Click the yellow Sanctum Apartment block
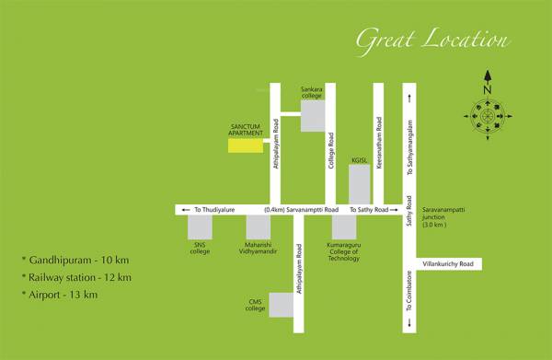click(244, 145)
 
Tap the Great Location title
click(431, 40)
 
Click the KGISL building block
click(359, 184)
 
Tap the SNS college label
click(201, 246)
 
